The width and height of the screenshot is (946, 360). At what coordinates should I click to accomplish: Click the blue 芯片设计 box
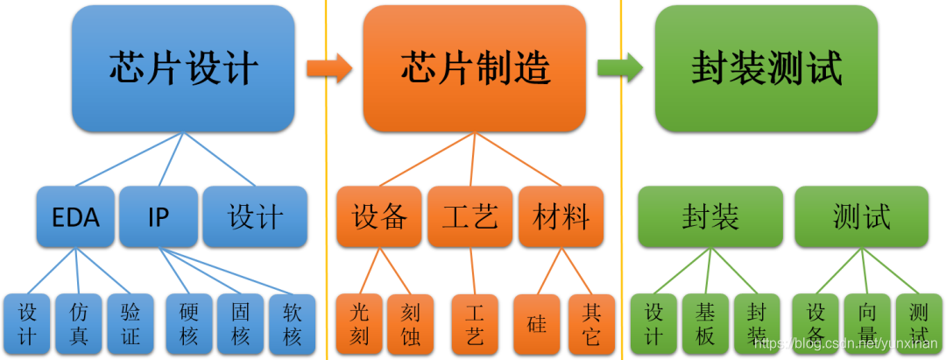pyautogui.click(x=182, y=68)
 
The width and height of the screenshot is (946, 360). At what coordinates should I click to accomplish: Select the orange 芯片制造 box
pyautogui.click(x=475, y=68)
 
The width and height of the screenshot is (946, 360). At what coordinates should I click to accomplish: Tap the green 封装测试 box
pyautogui.click(x=766, y=68)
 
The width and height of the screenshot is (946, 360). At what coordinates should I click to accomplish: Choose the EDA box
pyautogui.click(x=75, y=216)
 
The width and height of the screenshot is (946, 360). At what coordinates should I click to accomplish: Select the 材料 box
pyautogui.click(x=561, y=216)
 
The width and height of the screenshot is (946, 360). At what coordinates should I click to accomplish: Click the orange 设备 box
pyautogui.click(x=379, y=216)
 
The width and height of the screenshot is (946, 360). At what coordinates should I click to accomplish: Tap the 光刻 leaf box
pyautogui.click(x=359, y=324)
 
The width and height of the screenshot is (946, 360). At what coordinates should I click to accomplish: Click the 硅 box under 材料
pyautogui.click(x=537, y=324)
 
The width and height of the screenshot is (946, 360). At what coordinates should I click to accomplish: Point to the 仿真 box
pyautogui.click(x=79, y=324)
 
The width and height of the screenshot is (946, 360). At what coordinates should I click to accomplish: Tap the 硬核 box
pyautogui.click(x=189, y=324)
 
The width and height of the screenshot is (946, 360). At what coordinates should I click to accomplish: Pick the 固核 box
pyautogui.click(x=241, y=324)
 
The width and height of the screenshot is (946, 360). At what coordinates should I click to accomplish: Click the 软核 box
pyautogui.click(x=293, y=324)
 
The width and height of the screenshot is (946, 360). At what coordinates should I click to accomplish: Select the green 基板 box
pyautogui.click(x=705, y=324)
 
